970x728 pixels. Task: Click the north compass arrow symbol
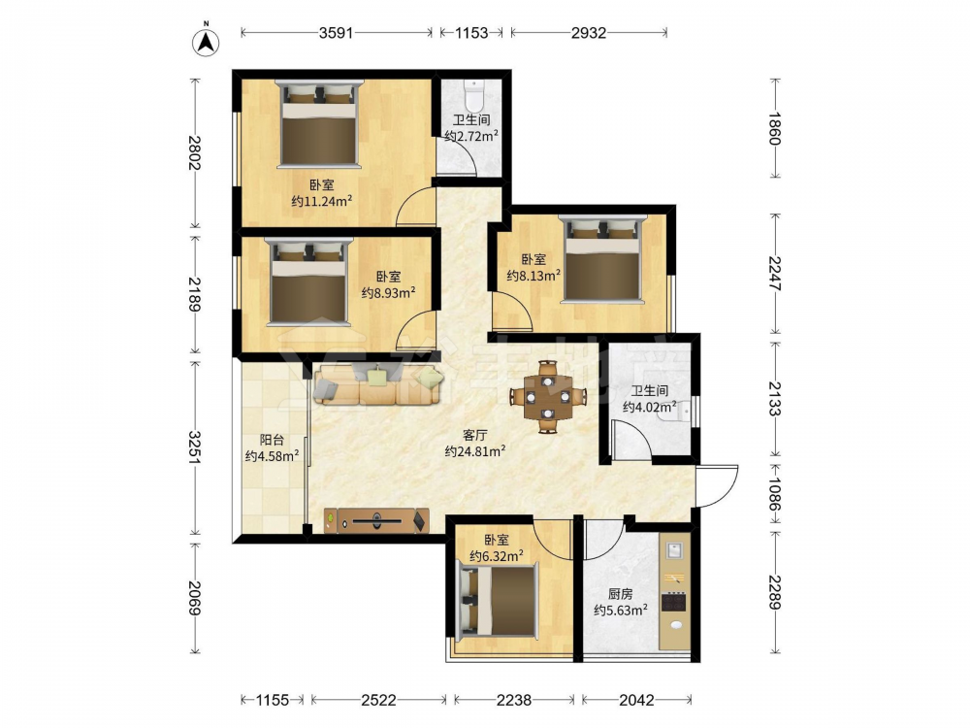[x=206, y=42]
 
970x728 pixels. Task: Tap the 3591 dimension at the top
[x=336, y=33]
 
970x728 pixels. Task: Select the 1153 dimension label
[x=471, y=33]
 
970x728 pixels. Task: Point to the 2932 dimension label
[x=589, y=33]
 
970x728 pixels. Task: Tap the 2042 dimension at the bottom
[x=636, y=700]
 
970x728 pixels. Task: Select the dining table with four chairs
[x=547, y=396]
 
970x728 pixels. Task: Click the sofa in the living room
[x=378, y=384]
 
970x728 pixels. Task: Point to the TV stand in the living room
[x=376, y=520]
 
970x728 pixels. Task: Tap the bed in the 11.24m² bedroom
[x=319, y=123]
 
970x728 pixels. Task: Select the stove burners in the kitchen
[x=674, y=602]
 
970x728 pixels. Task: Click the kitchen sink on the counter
[x=674, y=549]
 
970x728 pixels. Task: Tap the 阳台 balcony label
[x=272, y=440]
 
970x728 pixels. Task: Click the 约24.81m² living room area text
[x=474, y=451]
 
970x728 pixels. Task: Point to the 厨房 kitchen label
[x=621, y=594]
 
